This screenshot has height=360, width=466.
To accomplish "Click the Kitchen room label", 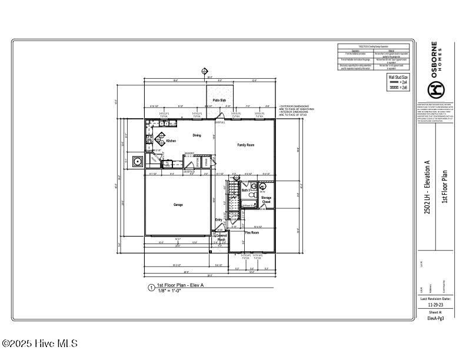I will tap(171, 141).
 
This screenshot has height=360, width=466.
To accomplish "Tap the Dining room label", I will tap(197, 135).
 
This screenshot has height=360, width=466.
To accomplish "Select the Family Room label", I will tap(245, 145).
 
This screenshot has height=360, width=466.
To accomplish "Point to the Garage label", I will tap(178, 205).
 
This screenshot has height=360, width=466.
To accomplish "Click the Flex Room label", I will tap(252, 233).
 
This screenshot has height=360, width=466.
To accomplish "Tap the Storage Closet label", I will tap(266, 200).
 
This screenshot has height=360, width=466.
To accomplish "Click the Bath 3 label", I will tap(245, 191).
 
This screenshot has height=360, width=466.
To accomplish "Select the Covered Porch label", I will tap(221, 238).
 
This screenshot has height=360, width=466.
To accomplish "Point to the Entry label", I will tap(218, 221).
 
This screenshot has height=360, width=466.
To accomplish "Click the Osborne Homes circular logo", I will tap(436, 89).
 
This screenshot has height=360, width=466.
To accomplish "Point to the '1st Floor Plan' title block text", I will tap(445, 187).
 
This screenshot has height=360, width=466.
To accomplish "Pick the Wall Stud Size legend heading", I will tap(398, 76).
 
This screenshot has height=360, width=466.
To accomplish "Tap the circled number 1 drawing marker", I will tap(151, 288).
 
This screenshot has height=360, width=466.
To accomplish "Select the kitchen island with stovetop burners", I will tap(160, 139).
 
